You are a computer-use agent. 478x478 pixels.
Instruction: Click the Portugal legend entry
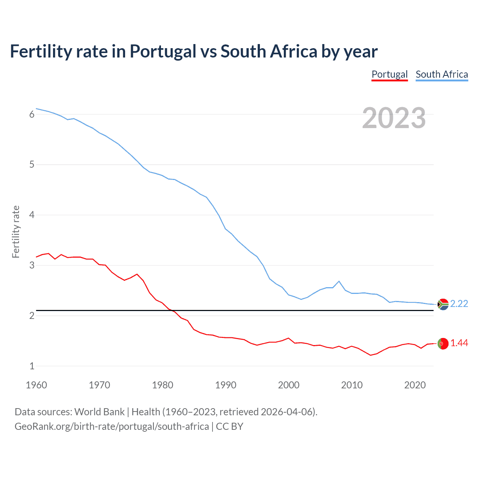[x=389, y=74]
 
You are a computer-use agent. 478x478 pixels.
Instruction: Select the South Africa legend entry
[x=442, y=74]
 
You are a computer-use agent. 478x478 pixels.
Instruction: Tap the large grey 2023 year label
[x=394, y=118]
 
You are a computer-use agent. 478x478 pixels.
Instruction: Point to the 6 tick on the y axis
[x=32, y=114]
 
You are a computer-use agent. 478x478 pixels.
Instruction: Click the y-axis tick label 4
[x=32, y=215]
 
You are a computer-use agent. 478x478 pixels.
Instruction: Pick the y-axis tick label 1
[x=32, y=366]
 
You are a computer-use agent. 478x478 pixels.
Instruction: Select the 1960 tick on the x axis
[x=36, y=385]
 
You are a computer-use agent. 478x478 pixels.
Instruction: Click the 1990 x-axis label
[x=226, y=385]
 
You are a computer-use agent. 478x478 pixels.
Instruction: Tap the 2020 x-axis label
[x=415, y=385]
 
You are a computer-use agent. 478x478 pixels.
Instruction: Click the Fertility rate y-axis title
[x=16, y=232]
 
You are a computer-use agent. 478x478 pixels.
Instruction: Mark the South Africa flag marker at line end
[x=443, y=304]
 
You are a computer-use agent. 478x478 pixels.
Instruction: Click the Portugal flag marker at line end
[x=443, y=344]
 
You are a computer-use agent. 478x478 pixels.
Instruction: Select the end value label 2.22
[x=459, y=304]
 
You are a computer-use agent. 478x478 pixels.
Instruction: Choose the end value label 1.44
[x=459, y=343]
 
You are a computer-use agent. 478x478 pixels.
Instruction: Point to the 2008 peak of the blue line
[x=339, y=281]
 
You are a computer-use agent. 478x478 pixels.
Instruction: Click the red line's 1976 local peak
[x=137, y=274]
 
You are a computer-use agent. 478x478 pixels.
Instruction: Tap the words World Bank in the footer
[x=99, y=412]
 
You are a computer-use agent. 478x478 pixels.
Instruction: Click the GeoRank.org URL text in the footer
[x=112, y=426]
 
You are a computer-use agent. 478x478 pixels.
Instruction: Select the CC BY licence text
[x=229, y=426]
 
